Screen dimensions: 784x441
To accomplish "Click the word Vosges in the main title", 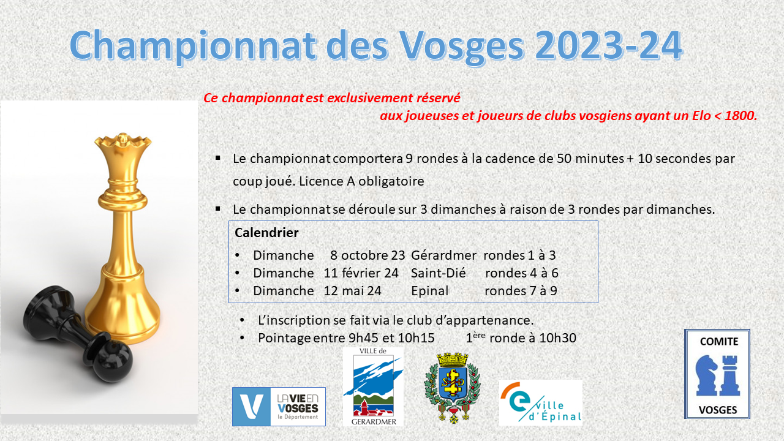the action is click(x=462, y=46).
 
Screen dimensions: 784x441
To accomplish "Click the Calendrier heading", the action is click(x=266, y=233).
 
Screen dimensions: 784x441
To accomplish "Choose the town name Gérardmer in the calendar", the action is click(x=443, y=255).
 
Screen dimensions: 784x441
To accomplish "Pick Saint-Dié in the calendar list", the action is click(x=438, y=273).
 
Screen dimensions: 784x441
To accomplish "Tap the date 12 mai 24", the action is click(x=352, y=291).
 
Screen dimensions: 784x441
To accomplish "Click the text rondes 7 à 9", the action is click(x=521, y=291).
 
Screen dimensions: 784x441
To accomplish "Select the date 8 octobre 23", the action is click(x=367, y=255).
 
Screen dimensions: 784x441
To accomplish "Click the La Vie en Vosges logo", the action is click(x=279, y=406).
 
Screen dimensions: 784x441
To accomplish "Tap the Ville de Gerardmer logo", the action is click(x=373, y=386).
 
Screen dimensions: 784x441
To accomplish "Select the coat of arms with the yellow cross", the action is click(x=452, y=388).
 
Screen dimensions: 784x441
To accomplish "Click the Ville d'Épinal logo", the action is click(x=541, y=402).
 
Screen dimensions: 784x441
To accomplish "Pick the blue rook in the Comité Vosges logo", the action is click(x=729, y=375).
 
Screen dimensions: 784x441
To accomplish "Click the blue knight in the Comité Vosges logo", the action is click(x=706, y=375).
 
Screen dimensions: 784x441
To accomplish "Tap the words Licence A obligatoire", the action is click(x=361, y=181).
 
